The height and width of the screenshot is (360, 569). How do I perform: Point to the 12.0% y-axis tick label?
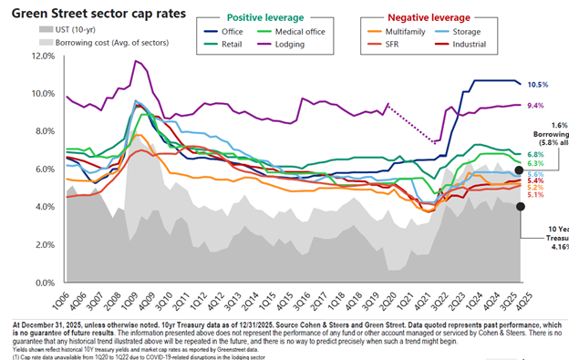(42, 56)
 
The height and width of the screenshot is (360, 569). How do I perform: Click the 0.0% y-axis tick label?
(44, 283)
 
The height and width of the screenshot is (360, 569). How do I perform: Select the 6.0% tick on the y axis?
(44, 170)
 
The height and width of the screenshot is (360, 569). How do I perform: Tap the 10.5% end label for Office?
(537, 85)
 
